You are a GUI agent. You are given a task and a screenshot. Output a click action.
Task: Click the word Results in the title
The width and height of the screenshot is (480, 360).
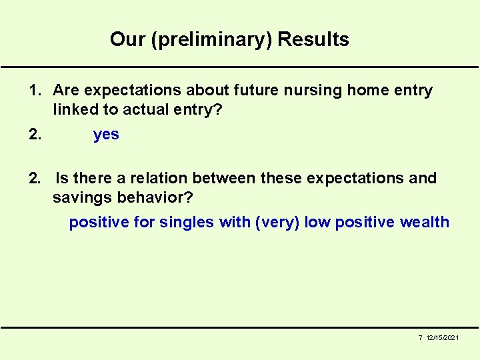click(313, 40)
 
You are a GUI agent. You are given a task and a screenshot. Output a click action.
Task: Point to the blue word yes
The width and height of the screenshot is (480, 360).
click(106, 135)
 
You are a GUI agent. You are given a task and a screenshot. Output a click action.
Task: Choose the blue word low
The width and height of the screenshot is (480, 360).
click(317, 223)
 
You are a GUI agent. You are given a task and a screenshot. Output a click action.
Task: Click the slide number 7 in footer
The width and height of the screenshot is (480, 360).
click(420, 339)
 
